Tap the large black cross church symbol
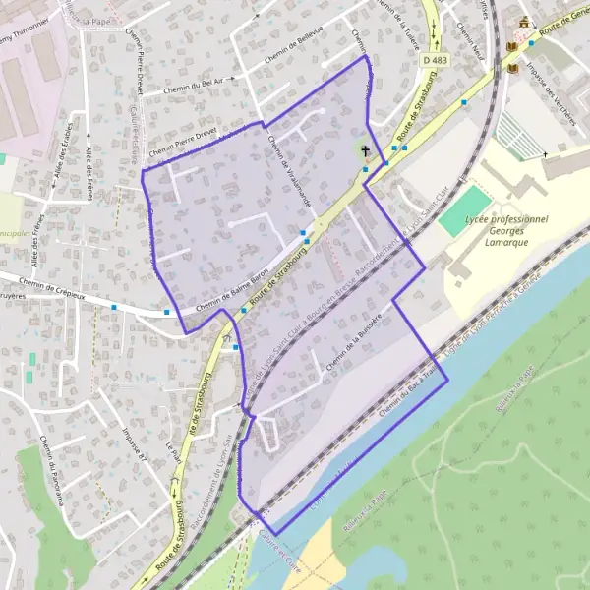(x=366, y=151)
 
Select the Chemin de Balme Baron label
(x=232, y=292)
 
